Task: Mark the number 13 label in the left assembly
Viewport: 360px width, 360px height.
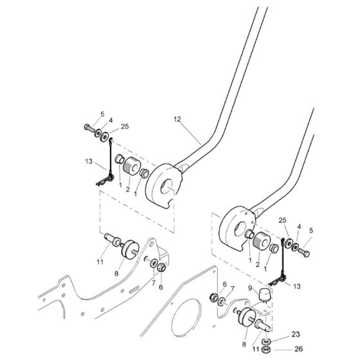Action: (89, 161)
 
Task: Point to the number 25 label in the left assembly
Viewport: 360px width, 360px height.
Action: (125, 127)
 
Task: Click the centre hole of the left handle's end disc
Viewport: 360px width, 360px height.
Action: (169, 187)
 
